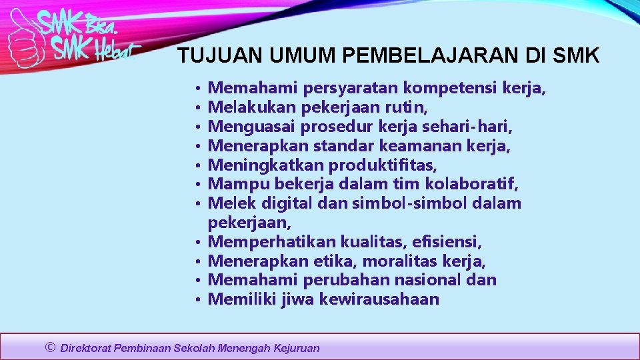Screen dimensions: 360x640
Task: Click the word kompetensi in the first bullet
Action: pos(450,87)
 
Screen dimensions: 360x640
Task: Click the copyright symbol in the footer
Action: pos(50,347)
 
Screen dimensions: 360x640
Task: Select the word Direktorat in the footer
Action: pos(86,348)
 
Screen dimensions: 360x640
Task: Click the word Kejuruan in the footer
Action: pos(297,348)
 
